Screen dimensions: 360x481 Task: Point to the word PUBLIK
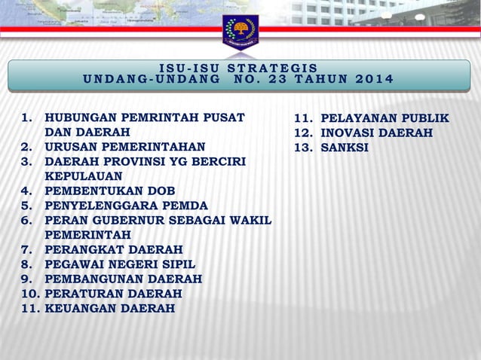point(421,118)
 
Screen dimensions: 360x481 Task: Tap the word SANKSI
point(345,148)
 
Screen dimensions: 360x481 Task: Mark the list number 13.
point(302,148)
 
